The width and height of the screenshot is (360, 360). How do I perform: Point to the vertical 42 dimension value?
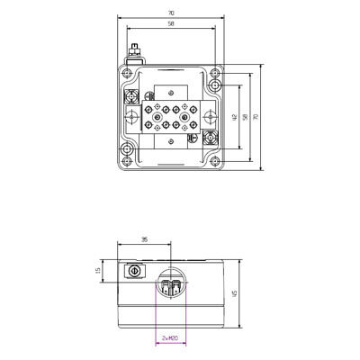233,117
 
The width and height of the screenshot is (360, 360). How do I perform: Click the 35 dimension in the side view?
145,240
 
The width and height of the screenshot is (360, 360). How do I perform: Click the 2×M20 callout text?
169,338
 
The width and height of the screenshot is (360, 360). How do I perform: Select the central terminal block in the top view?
169,117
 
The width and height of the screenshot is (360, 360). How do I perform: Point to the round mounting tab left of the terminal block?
130,117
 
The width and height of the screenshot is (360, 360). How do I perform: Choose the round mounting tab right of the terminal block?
209,117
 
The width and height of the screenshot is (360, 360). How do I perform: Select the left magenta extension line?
156,315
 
